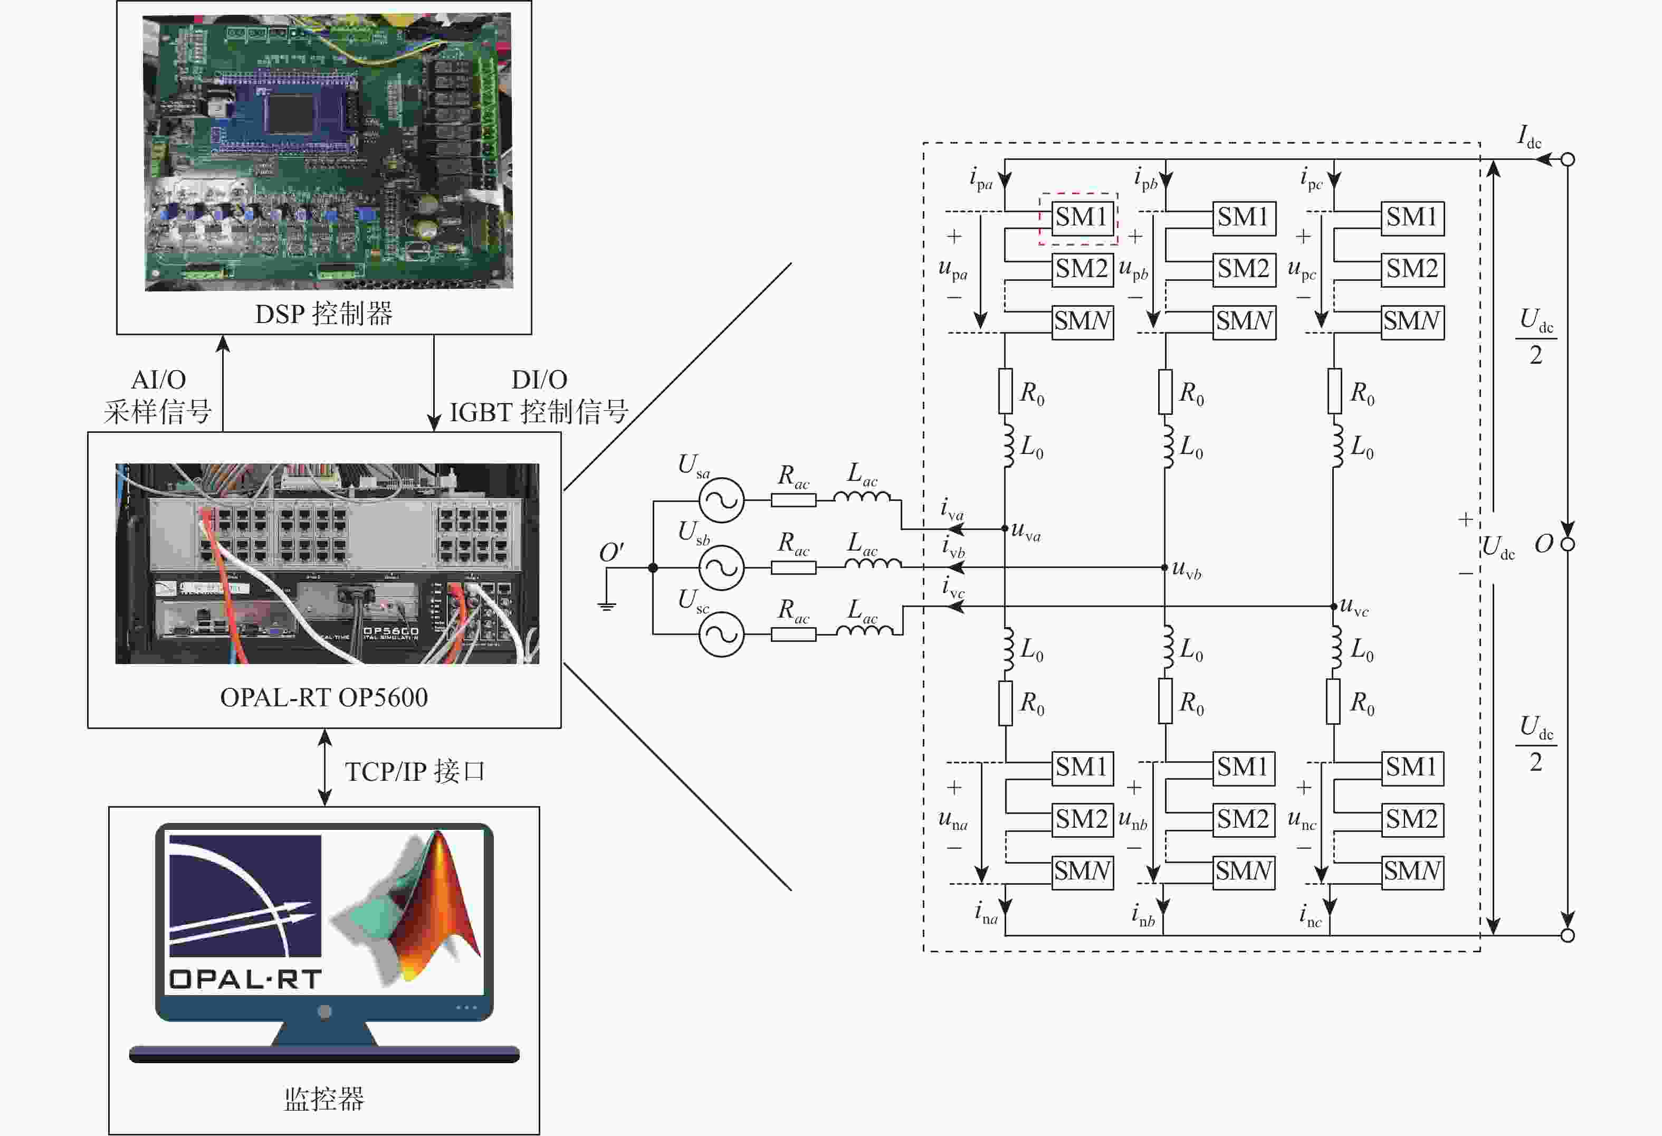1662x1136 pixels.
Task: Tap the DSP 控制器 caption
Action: tap(324, 314)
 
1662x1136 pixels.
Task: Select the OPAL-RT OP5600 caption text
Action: tap(324, 697)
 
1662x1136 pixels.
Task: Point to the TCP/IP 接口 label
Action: tap(415, 772)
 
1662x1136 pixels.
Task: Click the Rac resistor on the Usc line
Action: tap(793, 634)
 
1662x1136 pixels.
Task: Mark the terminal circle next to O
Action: tap(1568, 544)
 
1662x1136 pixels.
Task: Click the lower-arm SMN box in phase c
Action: tap(1412, 872)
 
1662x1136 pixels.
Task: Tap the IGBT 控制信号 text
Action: tap(539, 413)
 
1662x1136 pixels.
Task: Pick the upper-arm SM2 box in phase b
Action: tap(1244, 270)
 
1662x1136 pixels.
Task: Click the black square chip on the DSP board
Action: tap(290, 112)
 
